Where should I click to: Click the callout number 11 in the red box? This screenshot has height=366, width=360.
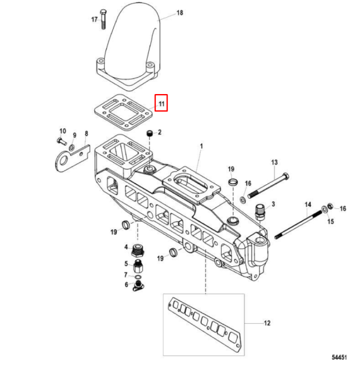click(x=162, y=103)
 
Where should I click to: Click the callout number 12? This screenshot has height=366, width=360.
click(x=267, y=324)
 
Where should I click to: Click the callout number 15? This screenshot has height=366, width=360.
click(x=330, y=221)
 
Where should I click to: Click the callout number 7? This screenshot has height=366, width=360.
click(x=126, y=275)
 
